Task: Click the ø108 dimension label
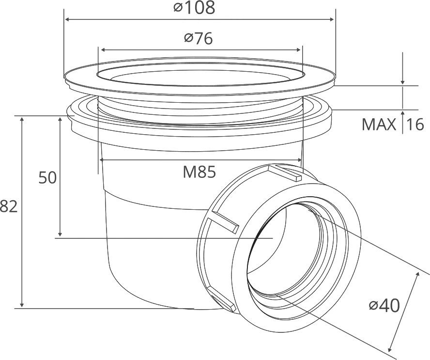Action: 194,8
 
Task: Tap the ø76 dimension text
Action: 199,38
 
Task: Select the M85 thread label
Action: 200,172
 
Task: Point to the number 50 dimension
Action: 47,177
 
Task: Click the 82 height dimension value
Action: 8,206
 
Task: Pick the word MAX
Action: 379,125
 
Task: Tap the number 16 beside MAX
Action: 415,125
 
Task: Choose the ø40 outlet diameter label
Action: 384,306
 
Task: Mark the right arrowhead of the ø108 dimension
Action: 332,19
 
